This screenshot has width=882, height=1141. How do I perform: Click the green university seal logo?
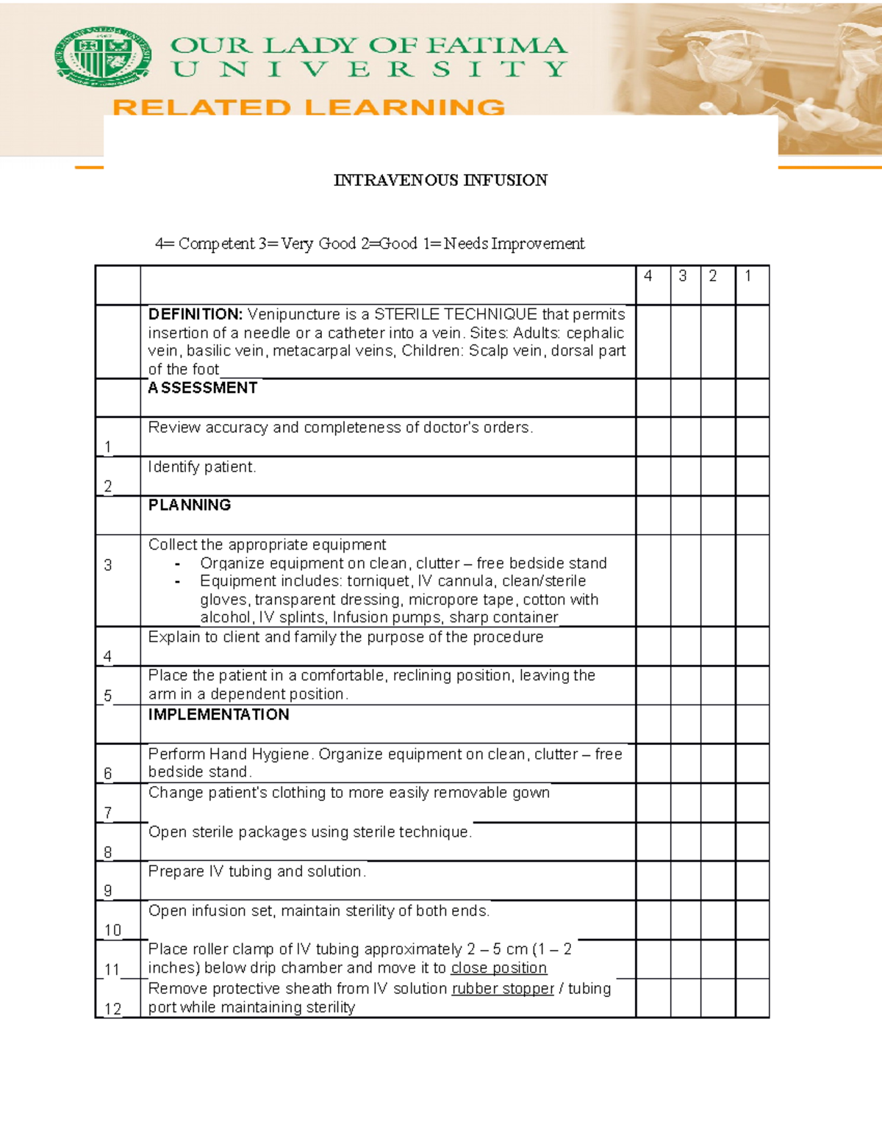tap(103, 57)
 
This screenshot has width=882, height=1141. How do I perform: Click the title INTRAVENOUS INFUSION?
tap(440, 180)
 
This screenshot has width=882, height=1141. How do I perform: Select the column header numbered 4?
tap(648, 276)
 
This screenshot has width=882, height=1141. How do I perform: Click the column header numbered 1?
tap(747, 276)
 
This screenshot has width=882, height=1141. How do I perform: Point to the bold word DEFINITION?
tap(195, 314)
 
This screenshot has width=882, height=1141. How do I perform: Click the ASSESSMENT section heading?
tap(203, 388)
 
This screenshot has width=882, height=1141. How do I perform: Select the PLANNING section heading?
tap(190, 505)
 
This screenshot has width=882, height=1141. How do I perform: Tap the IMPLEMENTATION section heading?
tap(218, 714)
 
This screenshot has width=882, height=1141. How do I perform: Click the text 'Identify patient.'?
tap(202, 467)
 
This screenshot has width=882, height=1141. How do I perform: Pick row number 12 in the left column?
tap(112, 1009)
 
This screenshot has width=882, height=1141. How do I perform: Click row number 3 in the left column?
tap(108, 565)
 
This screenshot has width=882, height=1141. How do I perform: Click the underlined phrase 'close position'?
tap(499, 968)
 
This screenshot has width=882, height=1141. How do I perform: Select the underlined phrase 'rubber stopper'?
tap(503, 989)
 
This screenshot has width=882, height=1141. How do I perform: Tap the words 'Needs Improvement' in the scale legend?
tap(514, 244)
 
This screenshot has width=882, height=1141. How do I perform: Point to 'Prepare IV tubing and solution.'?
tap(257, 871)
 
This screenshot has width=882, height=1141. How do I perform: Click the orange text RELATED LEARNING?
tap(309, 107)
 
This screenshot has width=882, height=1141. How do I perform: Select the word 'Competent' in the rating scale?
tap(216, 244)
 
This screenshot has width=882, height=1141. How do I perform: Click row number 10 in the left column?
tap(112, 930)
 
